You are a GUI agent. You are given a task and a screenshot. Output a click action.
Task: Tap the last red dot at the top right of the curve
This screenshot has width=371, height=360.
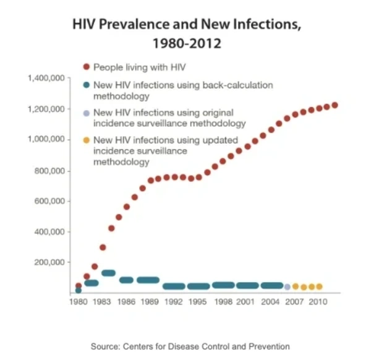pyautogui.click(x=335, y=105)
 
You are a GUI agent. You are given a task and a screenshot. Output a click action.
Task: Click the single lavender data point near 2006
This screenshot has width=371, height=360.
pyautogui.click(x=287, y=286)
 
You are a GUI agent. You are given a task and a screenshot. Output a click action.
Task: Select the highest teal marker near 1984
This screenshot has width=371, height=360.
pyautogui.click(x=108, y=273)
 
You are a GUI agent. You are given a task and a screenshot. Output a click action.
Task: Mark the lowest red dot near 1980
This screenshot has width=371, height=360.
pyautogui.click(x=79, y=286)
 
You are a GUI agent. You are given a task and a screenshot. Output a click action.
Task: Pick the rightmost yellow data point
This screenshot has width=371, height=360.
pyautogui.click(x=319, y=286)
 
